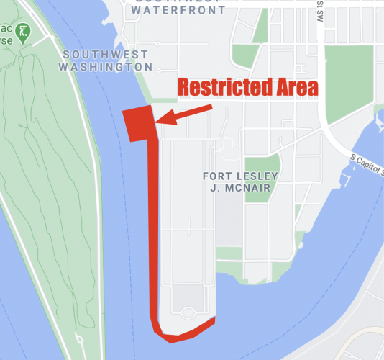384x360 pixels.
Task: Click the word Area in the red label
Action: click(x=293, y=88)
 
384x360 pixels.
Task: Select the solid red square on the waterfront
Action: click(x=140, y=124)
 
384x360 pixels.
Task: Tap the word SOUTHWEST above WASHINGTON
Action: click(x=105, y=55)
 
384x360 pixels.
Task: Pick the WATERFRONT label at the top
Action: click(x=179, y=11)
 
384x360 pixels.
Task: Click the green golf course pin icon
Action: click(x=24, y=32)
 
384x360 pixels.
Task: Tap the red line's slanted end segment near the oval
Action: click(x=197, y=329)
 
